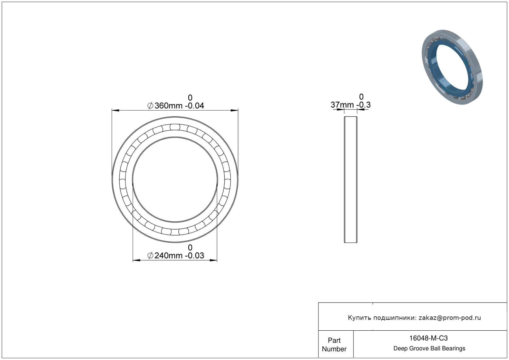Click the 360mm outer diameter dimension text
pyautogui.click(x=169, y=106)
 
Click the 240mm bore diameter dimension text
pyautogui.click(x=169, y=256)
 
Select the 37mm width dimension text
pyautogui.click(x=342, y=105)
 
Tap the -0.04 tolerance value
pyautogui.click(x=195, y=106)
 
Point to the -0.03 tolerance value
pyautogui.click(x=195, y=256)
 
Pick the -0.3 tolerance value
pyautogui.click(x=363, y=105)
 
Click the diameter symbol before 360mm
pyautogui.click(x=150, y=106)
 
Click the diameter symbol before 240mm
pyautogui.click(x=150, y=256)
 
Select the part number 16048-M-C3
pyautogui.click(x=428, y=338)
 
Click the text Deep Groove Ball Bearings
pyautogui.click(x=429, y=349)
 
